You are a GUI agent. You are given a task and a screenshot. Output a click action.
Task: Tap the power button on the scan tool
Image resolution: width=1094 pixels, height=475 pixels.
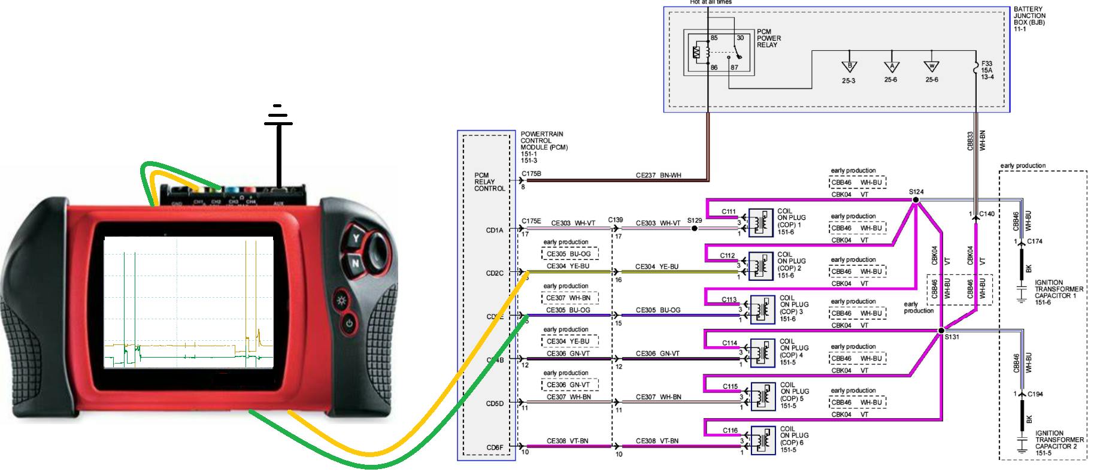[x=348, y=325]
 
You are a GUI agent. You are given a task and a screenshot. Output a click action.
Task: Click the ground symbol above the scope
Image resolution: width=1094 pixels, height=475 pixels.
[x=278, y=117]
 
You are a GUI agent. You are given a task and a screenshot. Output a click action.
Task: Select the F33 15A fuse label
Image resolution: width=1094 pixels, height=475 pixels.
[x=987, y=70]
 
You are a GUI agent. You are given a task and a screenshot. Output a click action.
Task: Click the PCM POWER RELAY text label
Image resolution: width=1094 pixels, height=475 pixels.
[x=769, y=38]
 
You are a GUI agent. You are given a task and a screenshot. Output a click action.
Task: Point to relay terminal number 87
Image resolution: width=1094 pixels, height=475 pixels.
[x=735, y=68]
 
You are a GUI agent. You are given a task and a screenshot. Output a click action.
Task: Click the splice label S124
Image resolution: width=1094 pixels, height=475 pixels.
[x=916, y=192]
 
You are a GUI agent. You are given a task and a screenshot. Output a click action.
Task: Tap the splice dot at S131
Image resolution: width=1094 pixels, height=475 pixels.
[x=941, y=330]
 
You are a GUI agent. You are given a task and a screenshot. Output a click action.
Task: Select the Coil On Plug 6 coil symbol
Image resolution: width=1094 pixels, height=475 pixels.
[x=762, y=441]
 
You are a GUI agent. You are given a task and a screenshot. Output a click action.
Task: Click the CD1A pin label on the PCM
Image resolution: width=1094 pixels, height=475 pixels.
[x=495, y=230]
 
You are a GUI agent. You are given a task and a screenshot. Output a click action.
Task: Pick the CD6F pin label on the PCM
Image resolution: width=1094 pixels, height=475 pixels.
[x=495, y=447]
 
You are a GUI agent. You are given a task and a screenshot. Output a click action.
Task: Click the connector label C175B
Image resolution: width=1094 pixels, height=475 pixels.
[x=531, y=174]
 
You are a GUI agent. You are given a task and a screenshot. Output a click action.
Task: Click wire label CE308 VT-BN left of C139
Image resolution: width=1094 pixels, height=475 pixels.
[x=567, y=441]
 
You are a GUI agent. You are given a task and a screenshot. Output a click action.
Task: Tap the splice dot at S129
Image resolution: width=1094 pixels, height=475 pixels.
[x=694, y=228]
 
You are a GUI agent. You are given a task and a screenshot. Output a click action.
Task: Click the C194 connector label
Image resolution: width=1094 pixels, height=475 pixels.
[x=1035, y=394]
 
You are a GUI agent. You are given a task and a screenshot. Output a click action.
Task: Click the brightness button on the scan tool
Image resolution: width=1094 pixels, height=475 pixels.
[x=342, y=300]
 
